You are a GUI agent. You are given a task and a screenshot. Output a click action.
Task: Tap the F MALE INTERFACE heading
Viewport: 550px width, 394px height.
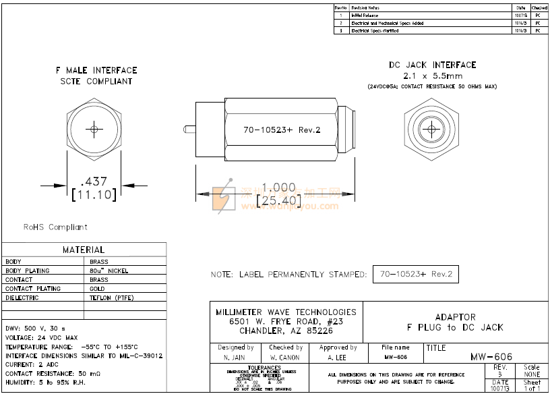(x=96, y=70)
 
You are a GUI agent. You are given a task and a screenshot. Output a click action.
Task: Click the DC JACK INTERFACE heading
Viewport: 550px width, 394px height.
(x=432, y=65)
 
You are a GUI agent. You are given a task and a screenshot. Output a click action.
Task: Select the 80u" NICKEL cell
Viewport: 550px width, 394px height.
(x=109, y=271)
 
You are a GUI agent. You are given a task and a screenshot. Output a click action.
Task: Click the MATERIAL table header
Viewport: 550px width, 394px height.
(x=84, y=250)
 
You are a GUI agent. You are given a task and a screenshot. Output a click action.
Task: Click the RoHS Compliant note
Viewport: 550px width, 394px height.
(x=55, y=227)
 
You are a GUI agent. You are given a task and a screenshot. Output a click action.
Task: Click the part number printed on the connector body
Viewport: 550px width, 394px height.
(x=282, y=130)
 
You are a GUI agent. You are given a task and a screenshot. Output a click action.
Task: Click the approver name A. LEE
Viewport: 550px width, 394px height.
(x=338, y=357)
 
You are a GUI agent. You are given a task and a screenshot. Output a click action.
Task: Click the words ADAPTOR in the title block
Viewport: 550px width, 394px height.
(x=455, y=317)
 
